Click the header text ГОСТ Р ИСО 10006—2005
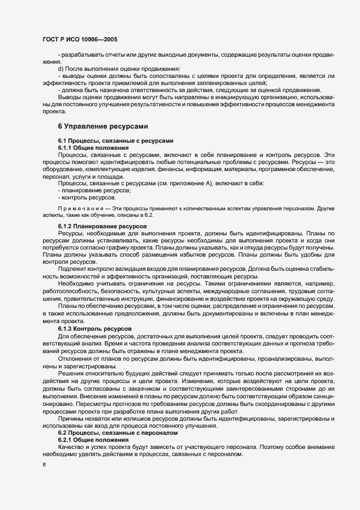[x=79, y=40]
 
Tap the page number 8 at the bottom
[x=44, y=464]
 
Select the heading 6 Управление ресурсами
[x=103, y=126]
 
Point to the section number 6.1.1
[x=66, y=148]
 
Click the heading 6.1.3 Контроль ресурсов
[x=94, y=330]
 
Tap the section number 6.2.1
[x=66, y=439]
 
